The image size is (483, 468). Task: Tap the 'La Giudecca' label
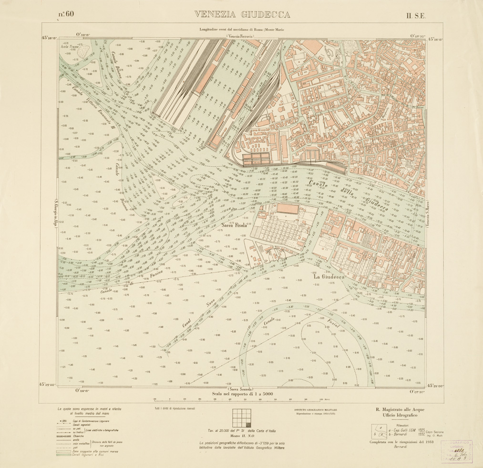tap(329, 276)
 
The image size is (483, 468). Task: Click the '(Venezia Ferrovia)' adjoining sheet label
tap(240, 36)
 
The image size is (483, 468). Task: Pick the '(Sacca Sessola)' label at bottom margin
tap(241, 389)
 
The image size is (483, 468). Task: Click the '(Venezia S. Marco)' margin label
tap(427, 216)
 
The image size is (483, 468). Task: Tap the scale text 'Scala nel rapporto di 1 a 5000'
tap(241, 395)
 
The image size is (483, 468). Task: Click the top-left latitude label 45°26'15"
tap(49, 38)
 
